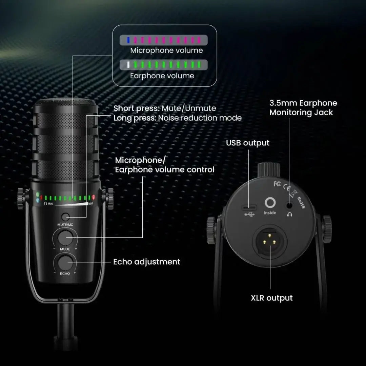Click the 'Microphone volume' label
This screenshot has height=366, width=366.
click(166, 50)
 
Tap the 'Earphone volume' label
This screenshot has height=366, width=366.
click(162, 76)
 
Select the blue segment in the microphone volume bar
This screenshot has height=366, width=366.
click(128, 40)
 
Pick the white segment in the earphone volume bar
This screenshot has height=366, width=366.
click(128, 65)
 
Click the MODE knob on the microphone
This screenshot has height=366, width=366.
click(65, 238)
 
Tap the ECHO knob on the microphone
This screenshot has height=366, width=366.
click(65, 262)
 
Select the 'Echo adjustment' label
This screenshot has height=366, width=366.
click(147, 262)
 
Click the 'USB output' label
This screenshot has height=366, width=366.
click(248, 143)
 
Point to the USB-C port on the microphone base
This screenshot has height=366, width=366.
click(249, 207)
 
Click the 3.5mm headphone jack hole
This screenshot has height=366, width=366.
click(289, 205)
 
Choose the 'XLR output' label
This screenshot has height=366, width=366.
click(271, 298)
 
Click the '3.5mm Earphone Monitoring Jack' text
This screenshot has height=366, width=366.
click(303, 108)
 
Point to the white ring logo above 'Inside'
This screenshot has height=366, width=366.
click(270, 203)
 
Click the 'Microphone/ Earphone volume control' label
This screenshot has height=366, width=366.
click(165, 165)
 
